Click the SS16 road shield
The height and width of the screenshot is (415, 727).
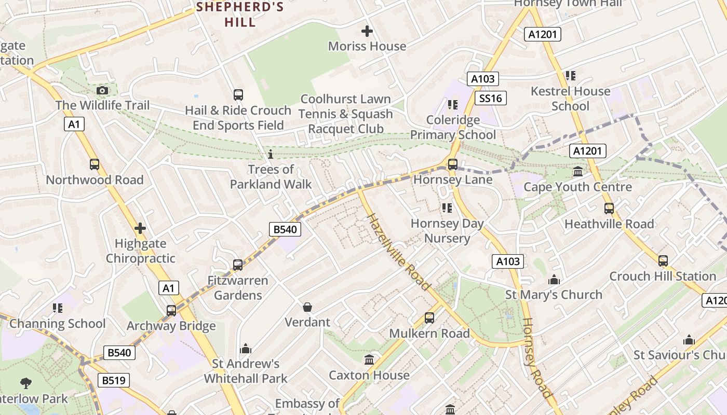(490, 98)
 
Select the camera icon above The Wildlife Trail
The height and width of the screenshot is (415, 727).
(102, 90)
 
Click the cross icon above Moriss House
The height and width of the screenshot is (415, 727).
(367, 31)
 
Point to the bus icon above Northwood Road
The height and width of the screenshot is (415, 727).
(94, 164)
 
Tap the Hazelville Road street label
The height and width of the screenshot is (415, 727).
(399, 252)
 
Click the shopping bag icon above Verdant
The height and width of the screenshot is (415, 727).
(307, 307)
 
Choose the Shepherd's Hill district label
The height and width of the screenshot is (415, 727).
(240, 15)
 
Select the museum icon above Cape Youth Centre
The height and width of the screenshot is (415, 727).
(577, 172)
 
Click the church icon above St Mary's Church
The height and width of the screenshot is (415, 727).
(554, 280)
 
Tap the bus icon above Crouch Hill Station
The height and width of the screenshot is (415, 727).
(663, 261)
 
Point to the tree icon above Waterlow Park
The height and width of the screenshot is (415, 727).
(25, 383)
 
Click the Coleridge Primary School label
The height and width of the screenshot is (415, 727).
(453, 128)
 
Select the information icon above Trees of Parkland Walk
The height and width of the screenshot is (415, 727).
(270, 154)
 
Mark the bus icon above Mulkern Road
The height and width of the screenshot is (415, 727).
(429, 318)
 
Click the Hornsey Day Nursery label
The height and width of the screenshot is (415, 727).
(447, 231)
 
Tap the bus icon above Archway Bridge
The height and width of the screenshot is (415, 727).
(171, 311)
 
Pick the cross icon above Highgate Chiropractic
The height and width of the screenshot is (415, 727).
(140, 228)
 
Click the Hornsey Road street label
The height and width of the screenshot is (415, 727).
(535, 358)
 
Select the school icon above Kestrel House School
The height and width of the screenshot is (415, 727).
(571, 76)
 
